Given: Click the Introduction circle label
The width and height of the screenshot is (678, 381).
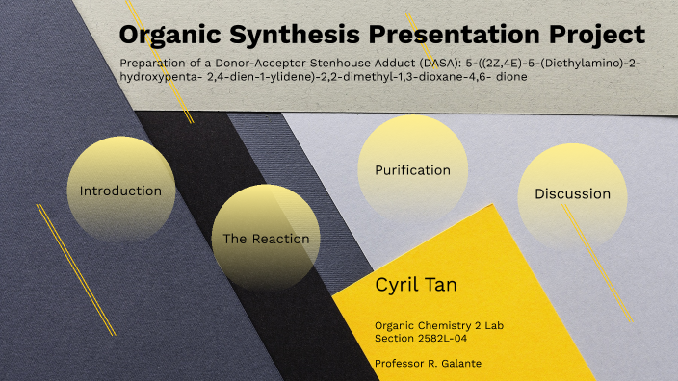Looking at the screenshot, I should tap(120, 190).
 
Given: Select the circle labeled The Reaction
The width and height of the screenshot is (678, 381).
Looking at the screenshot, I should tap(266, 239).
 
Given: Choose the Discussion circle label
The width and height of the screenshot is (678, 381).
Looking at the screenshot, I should tap(572, 193).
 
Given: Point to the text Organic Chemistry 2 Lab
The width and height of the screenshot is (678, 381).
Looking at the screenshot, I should tap(438, 324).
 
